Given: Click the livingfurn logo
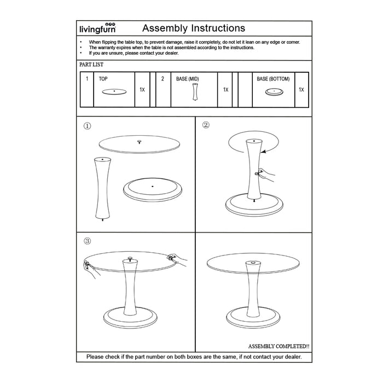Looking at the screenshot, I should tap(96, 30).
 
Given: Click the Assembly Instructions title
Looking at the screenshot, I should tap(193, 28).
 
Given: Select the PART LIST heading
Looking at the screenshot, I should tap(91, 65).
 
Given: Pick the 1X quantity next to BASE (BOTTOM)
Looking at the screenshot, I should tap(301, 89).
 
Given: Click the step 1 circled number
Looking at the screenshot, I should tap(87, 126).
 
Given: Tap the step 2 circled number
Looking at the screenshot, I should tap(206, 125).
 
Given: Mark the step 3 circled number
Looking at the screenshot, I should tap(87, 241).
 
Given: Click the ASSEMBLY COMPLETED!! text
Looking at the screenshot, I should tap(278, 346).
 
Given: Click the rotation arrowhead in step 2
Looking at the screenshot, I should tap(264, 151).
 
